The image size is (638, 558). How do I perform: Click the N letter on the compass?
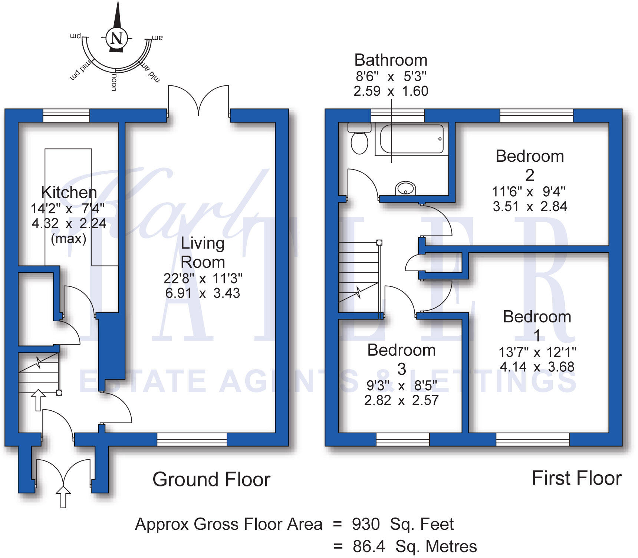tap(116, 38)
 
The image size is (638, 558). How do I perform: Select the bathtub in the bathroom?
tap(412, 139)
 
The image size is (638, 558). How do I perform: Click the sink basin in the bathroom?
tap(405, 188)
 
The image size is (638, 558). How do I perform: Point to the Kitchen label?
tap(69, 192)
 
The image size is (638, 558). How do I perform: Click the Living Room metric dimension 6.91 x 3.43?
tap(203, 293)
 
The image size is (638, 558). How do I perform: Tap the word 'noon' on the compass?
tap(114, 82)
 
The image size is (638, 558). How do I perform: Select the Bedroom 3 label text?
tap(401, 359)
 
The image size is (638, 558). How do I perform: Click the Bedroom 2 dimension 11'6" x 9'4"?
tap(529, 191)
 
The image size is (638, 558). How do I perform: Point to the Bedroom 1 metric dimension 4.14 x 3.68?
tap(537, 367)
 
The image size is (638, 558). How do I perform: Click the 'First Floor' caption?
tap(576, 478)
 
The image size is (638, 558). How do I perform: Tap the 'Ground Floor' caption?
tap(211, 479)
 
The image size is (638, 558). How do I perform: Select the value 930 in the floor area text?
tap(366, 524)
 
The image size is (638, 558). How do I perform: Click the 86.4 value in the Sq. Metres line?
tap(369, 546)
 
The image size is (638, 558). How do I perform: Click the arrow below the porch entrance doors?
tap(63, 497)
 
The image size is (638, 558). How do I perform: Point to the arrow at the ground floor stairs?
tap(38, 400)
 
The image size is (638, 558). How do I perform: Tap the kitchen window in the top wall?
tap(66, 115)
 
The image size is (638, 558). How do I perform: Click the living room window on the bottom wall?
tap(192, 439)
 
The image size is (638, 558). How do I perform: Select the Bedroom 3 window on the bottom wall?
tap(403, 439)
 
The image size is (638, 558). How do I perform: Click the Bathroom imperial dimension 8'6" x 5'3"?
tap(391, 76)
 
